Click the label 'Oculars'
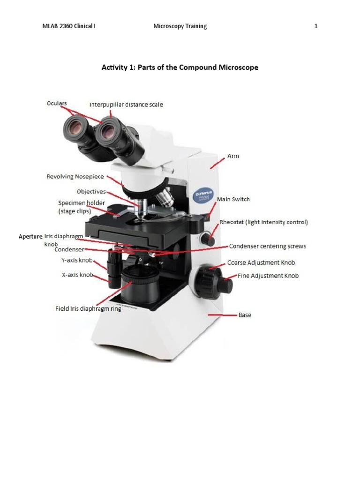(56, 103)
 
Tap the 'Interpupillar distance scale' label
(126, 105)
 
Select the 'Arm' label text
(233, 156)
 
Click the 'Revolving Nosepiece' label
(75, 177)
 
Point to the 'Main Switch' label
(233, 199)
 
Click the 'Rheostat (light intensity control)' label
(264, 222)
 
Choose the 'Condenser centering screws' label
(267, 246)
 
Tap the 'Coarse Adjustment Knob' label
(261, 263)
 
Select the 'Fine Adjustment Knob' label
(268, 276)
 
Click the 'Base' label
(245, 315)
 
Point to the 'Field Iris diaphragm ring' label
(88, 309)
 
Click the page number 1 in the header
(316, 26)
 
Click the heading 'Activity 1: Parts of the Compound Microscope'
(180, 67)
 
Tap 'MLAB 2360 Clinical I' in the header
(69, 26)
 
